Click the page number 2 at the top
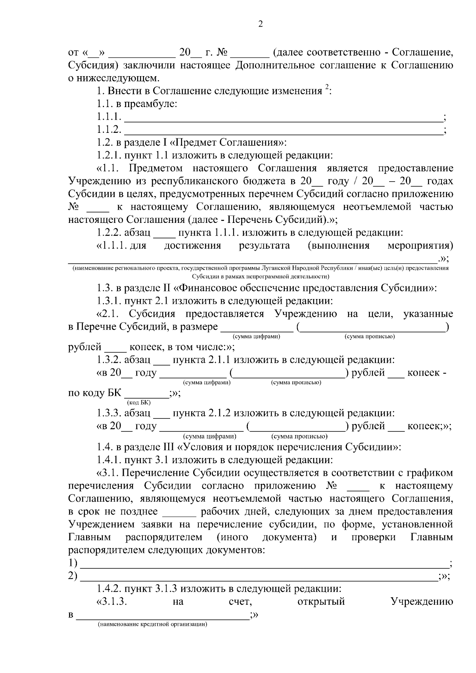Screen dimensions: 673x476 pos(260,25)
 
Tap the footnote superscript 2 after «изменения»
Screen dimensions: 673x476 pos(327,88)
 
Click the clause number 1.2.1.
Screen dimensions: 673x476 pos(109,155)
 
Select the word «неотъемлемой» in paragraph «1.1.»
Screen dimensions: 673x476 pos(377,207)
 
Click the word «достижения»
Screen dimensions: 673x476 pos(192,246)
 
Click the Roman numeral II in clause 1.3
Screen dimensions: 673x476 pos(167,288)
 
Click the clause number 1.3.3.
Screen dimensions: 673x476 pos(109,413)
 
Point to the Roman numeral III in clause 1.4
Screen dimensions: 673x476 pos(168,447)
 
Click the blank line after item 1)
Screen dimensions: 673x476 pos(263,566)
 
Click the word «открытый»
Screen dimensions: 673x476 pos(321,602)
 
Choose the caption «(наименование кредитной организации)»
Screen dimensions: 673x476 pos(153,625)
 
